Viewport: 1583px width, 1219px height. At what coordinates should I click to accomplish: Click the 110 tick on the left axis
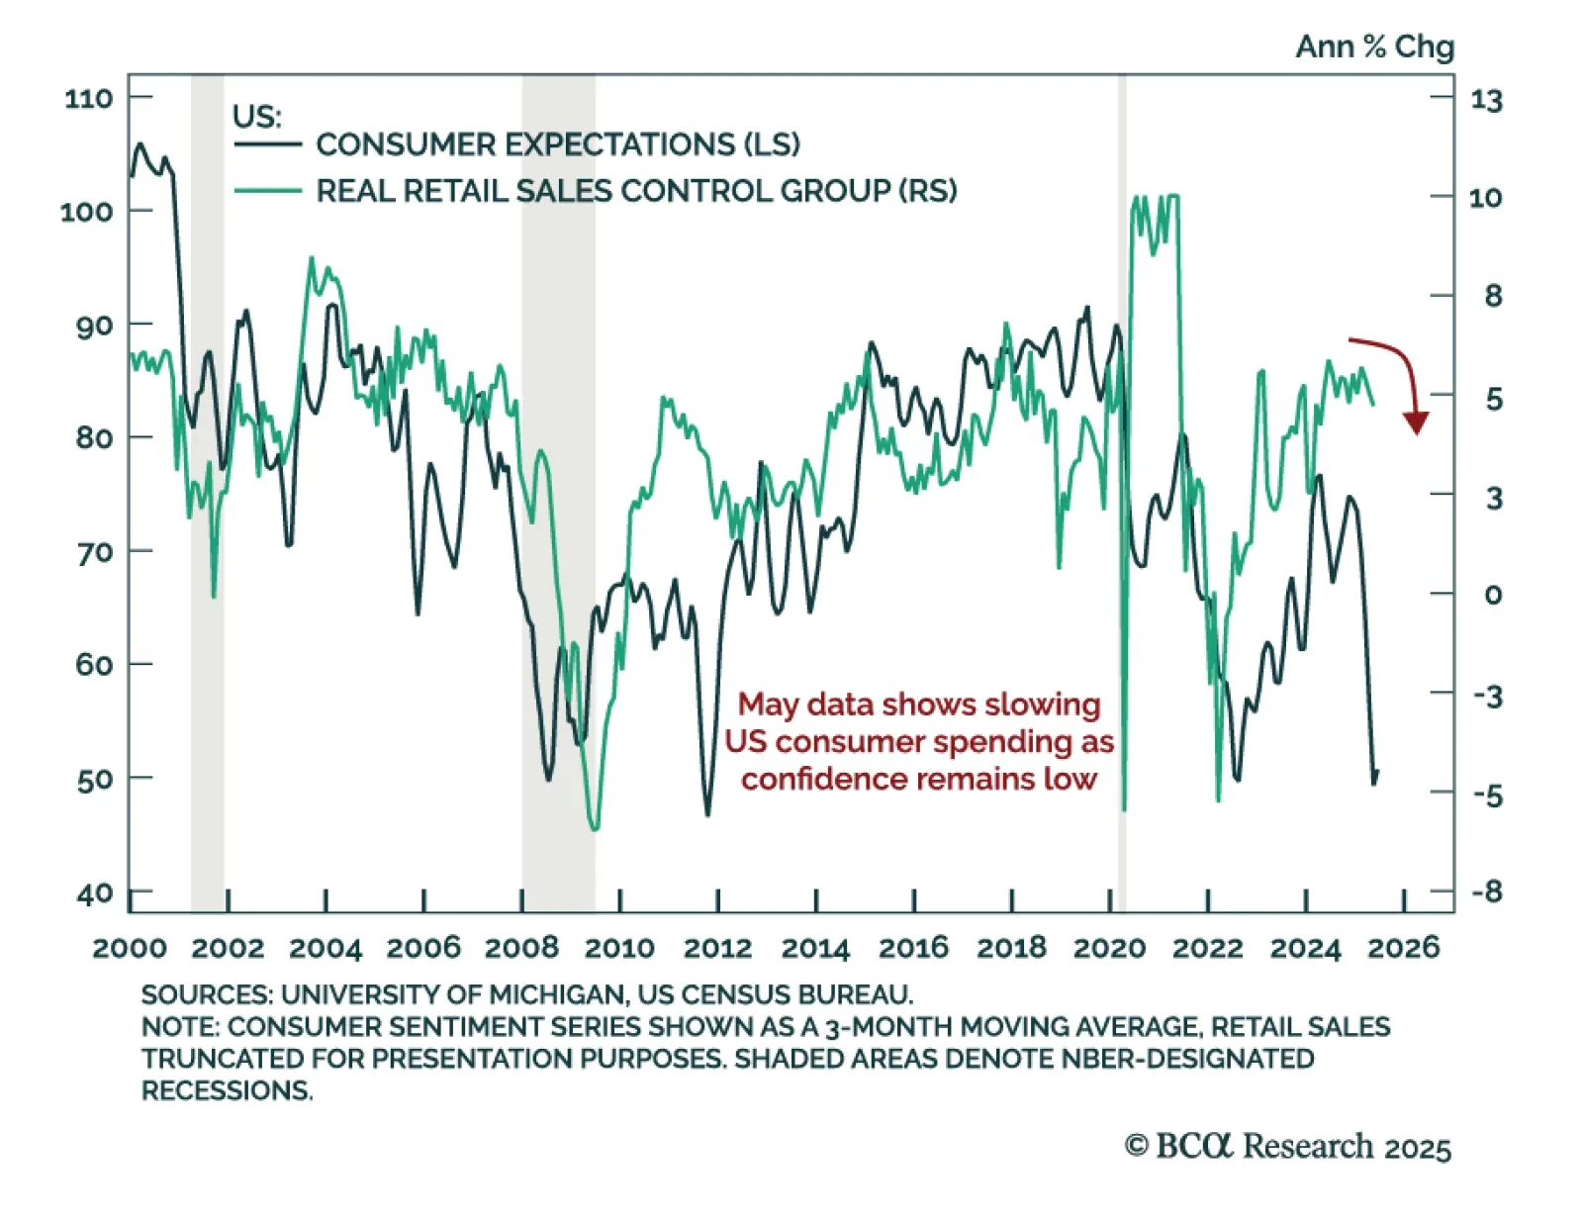(x=89, y=98)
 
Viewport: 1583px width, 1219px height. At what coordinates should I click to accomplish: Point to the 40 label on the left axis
(x=95, y=893)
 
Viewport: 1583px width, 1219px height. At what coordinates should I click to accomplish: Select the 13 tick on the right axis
(x=1486, y=100)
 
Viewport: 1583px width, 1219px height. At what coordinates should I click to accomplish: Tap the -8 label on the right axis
(x=1487, y=891)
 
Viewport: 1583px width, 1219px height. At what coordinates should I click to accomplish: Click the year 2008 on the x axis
(x=521, y=948)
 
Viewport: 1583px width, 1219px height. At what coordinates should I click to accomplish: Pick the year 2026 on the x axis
(x=1403, y=948)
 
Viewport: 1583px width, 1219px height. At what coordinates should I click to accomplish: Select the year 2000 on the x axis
(x=130, y=948)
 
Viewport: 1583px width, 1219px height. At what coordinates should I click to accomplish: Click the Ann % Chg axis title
(x=1374, y=47)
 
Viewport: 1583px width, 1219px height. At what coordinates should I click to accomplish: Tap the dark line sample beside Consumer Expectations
(x=268, y=144)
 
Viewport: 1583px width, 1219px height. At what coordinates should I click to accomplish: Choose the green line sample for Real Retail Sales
(x=268, y=190)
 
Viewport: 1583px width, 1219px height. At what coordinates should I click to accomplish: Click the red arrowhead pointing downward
(x=1416, y=422)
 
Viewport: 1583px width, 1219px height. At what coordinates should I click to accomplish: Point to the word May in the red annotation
(x=765, y=704)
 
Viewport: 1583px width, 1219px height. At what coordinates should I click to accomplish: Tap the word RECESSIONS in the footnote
(x=227, y=1090)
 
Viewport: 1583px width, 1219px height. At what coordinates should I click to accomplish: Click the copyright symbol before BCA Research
(x=1136, y=1146)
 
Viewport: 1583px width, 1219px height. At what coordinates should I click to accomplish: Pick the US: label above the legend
(x=256, y=117)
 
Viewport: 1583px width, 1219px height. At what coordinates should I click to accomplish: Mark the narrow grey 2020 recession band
(x=1122, y=495)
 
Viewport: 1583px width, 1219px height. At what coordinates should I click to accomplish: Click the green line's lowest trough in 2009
(x=594, y=827)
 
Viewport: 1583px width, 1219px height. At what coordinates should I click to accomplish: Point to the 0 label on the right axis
(x=1493, y=595)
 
